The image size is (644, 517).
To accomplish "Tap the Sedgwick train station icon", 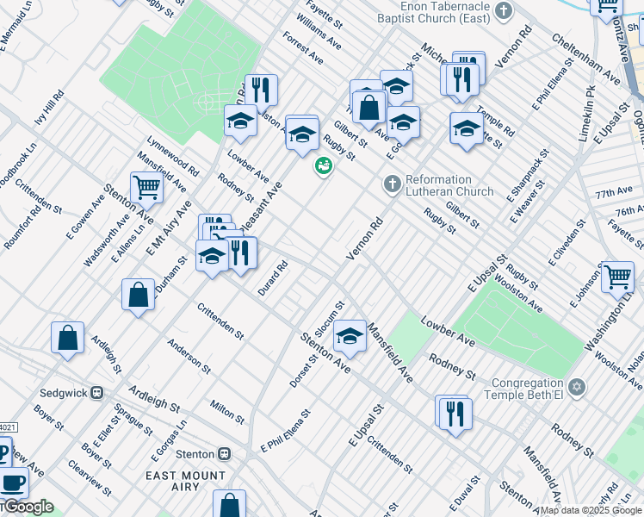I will [x=96, y=392].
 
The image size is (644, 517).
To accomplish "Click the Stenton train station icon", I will [x=224, y=453].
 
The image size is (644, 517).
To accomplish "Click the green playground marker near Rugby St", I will [x=324, y=165].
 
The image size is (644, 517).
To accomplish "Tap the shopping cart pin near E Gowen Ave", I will [x=146, y=186].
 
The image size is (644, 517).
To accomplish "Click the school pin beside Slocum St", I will [x=350, y=334].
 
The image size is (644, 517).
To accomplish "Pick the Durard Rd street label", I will [x=273, y=279].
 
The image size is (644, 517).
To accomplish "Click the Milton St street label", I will [x=227, y=411].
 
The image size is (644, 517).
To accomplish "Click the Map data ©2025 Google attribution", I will [x=591, y=510].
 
